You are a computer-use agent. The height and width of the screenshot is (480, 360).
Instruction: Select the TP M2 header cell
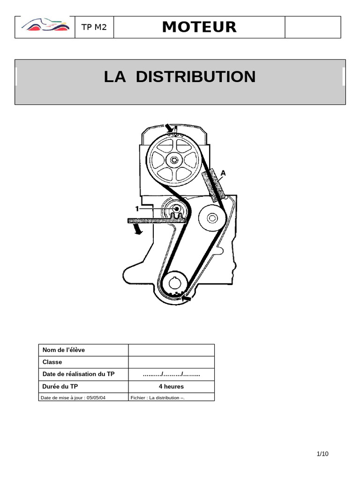[94, 27]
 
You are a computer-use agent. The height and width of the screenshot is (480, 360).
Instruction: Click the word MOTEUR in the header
[199, 27]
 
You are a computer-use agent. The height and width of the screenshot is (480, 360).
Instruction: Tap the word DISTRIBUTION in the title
[195, 76]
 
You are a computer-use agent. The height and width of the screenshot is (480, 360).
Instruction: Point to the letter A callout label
[223, 173]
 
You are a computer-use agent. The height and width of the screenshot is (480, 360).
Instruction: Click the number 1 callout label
[137, 209]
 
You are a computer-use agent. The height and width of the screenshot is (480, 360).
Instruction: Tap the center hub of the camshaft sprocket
[174, 160]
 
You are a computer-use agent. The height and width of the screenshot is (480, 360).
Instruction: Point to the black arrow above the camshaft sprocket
[169, 128]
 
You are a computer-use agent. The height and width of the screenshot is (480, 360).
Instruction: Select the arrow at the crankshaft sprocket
[187, 298]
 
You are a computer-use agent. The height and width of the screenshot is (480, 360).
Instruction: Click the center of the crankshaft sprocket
[174, 284]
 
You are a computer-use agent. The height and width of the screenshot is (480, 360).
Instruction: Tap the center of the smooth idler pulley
[212, 218]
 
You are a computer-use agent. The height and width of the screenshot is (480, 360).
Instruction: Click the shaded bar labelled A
[213, 185]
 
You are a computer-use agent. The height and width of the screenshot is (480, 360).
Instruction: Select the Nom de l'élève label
[64, 350]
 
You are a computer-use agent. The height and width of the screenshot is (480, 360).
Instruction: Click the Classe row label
[52, 362]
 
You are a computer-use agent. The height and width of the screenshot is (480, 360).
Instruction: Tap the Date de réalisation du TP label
[78, 374]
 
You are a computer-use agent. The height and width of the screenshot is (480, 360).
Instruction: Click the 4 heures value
[172, 386]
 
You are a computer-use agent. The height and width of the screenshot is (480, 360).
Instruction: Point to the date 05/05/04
[96, 397]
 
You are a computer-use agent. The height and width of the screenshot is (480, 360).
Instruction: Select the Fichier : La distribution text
[157, 397]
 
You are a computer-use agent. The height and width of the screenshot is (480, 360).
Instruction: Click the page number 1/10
[322, 454]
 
